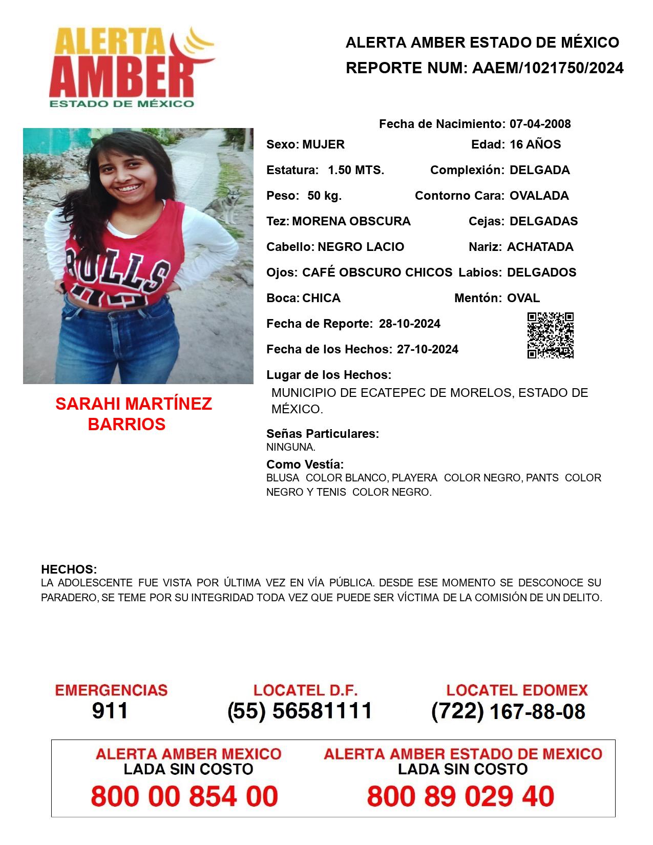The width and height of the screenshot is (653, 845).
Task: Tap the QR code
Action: click(x=551, y=335)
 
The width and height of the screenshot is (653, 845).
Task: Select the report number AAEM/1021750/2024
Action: click(x=547, y=68)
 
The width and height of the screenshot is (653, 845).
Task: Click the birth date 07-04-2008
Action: click(x=540, y=124)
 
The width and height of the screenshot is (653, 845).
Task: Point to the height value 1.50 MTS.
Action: click(x=356, y=170)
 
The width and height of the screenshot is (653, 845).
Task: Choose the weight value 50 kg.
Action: click(x=324, y=196)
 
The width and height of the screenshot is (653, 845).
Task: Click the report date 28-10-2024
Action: click(x=409, y=324)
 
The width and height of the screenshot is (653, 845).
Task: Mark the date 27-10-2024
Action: click(x=427, y=349)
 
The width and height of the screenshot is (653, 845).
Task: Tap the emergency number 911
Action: click(x=110, y=711)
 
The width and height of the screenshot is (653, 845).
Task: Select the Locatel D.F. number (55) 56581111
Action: click(x=300, y=711)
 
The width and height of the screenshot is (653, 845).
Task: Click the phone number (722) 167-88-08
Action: click(x=508, y=711)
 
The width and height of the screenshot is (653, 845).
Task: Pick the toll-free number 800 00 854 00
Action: click(x=184, y=796)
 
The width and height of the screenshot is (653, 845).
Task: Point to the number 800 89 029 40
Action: click(x=460, y=796)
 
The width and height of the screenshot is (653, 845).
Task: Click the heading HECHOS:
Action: click(x=69, y=569)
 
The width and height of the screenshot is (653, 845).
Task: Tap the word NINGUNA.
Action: click(x=290, y=447)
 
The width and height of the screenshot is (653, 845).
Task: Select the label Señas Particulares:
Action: click(x=323, y=434)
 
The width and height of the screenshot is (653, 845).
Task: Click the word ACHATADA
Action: click(x=540, y=247)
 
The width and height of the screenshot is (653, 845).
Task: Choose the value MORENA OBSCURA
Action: click(x=351, y=221)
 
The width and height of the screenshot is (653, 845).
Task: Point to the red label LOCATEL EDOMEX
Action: click(x=517, y=690)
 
